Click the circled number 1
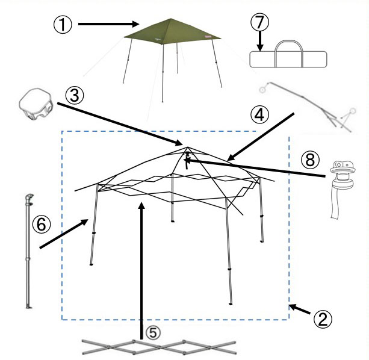point(63,25)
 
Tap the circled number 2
point(323,319)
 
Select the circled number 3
point(75,96)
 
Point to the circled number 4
point(260,114)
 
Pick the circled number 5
point(153,333)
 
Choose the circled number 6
point(42,224)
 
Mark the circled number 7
point(259,22)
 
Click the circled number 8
point(311,160)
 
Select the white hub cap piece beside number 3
point(36,104)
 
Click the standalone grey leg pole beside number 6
point(29,250)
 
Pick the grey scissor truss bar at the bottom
point(159,347)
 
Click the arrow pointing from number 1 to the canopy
point(108,23)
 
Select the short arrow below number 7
point(260,41)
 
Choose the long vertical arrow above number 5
point(141,270)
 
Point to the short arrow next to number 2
point(300,309)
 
